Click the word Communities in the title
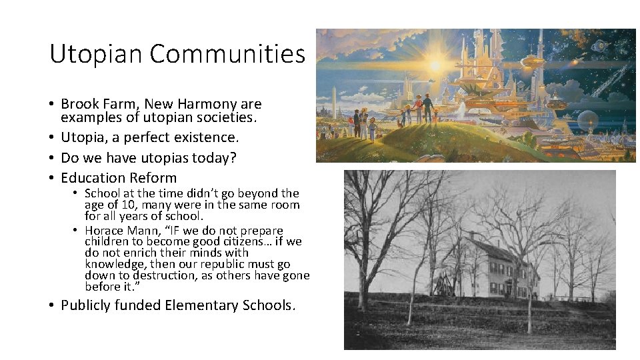227,53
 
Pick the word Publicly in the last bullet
87,305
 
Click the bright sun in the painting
436,66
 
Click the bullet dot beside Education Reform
51,178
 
